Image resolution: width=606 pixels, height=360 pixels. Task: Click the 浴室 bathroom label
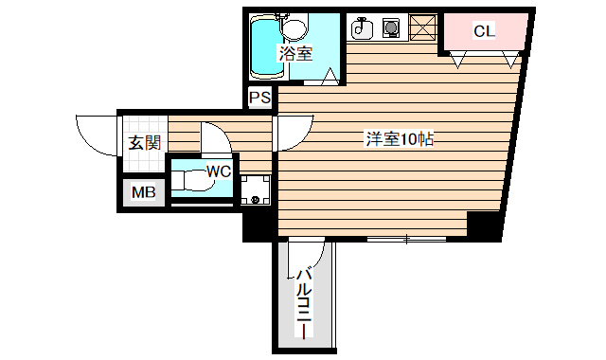(294, 54)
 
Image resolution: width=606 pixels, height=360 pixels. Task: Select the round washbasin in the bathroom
(296, 26)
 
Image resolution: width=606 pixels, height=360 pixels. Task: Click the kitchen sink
(361, 29)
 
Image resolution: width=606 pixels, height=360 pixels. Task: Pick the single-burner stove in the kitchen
(390, 29)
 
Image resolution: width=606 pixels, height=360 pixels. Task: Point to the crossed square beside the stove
(422, 29)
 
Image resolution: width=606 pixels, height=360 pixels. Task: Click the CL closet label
(484, 31)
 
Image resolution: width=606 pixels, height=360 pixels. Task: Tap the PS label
(260, 97)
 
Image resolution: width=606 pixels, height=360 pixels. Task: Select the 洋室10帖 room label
(400, 139)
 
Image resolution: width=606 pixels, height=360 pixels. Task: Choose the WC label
(219, 171)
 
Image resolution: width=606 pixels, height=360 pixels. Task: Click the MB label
(143, 193)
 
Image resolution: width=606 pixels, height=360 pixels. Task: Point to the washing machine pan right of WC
(255, 190)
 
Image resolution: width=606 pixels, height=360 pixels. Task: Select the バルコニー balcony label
(303, 303)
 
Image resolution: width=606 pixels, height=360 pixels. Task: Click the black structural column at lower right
(484, 227)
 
